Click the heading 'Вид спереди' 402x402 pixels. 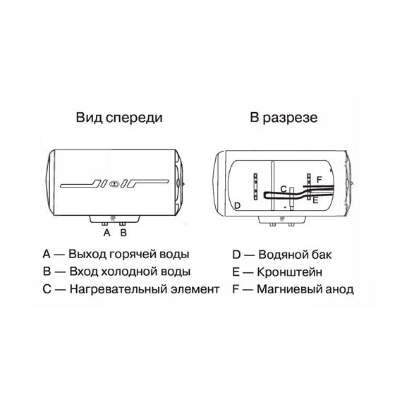coord(119,118)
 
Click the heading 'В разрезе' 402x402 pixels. coord(284,118)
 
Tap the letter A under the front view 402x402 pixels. coord(107,233)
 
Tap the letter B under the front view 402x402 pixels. coord(123,233)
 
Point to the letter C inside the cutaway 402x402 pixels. coord(284,189)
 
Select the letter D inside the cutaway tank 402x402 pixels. coord(238,205)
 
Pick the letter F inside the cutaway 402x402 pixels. coord(319,179)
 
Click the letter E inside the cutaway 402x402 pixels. coord(315,200)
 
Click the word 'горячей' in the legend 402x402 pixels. coord(133,255)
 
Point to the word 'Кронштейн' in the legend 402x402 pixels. coord(290,272)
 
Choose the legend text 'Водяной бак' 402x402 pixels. coord(295,255)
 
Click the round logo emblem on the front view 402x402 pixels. coord(113,184)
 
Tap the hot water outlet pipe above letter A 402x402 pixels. coord(105,224)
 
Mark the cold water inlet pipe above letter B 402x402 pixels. coord(122,224)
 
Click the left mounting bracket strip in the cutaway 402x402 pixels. coord(255,186)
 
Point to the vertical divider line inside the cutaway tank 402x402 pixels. coord(272,186)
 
